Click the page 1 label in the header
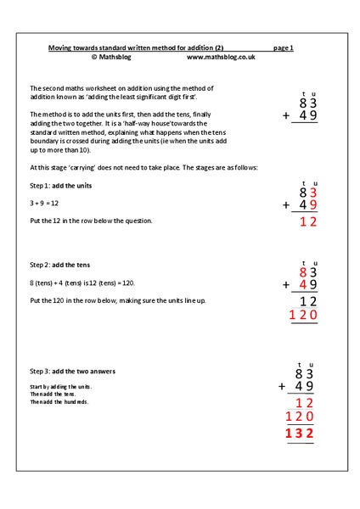click(284, 48)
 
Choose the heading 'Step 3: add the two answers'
click(72, 372)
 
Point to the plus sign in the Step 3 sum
click(282, 386)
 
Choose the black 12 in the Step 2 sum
click(309, 301)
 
